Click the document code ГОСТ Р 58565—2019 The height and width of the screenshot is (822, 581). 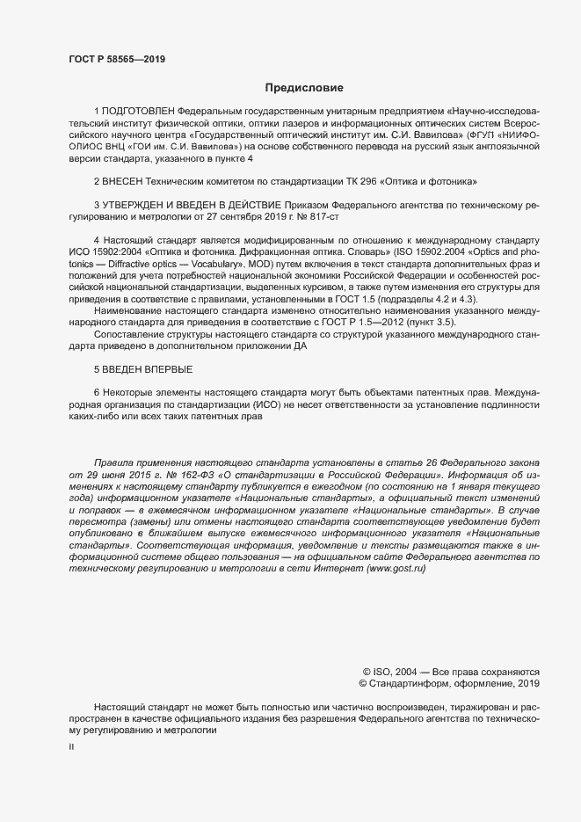point(117,59)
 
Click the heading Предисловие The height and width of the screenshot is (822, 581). point(304,88)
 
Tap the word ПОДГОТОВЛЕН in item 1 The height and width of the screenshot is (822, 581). point(138,112)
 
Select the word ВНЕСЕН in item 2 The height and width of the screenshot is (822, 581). point(125,180)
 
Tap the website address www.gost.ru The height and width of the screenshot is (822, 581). point(396,569)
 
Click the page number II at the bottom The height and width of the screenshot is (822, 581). point(71,746)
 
